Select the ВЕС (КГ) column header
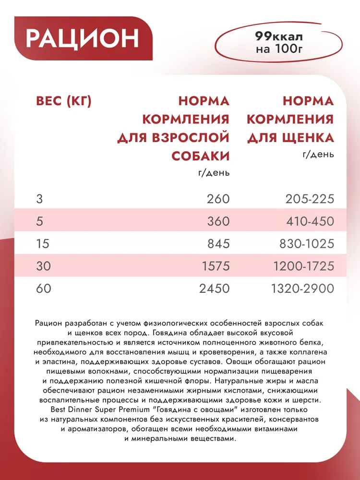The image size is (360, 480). (x=64, y=101)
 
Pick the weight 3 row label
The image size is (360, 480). (x=39, y=199)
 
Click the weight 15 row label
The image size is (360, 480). (x=42, y=243)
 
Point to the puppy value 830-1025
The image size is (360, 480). (x=306, y=243)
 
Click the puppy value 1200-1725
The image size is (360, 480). (x=303, y=266)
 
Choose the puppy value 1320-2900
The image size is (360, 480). (x=303, y=288)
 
